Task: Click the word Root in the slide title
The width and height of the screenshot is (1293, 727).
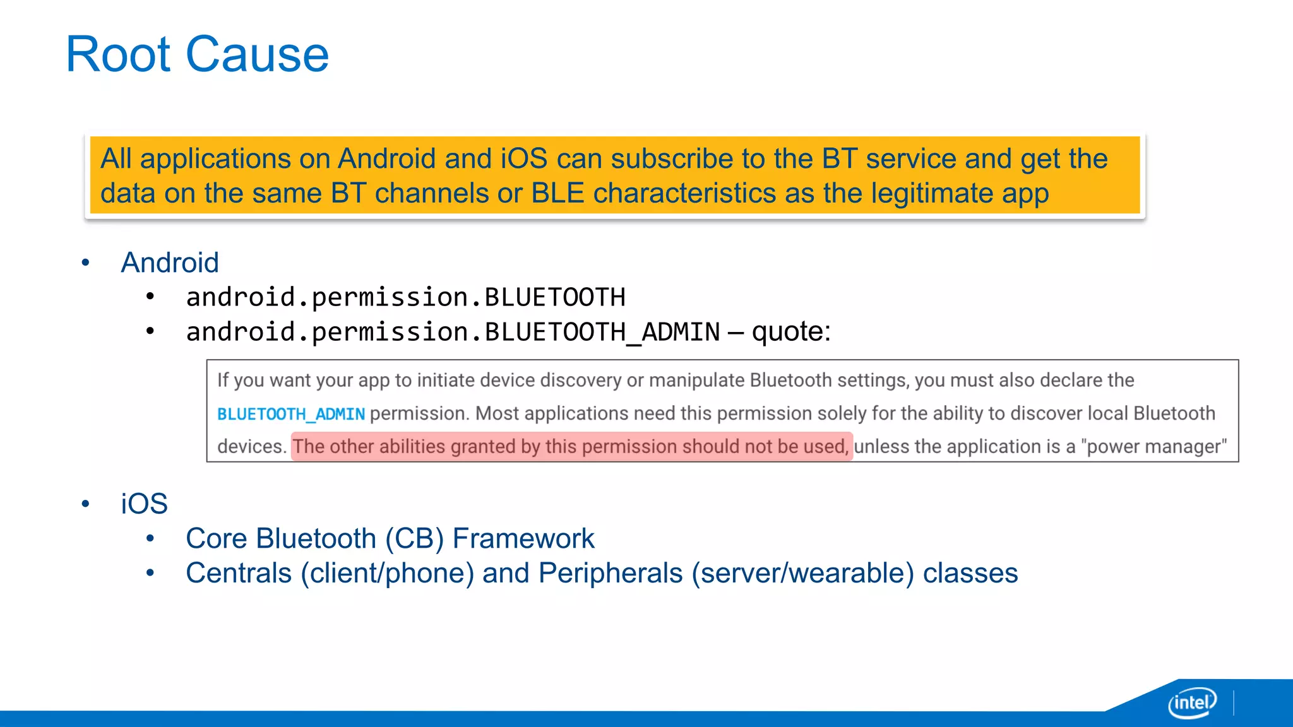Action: click(x=119, y=55)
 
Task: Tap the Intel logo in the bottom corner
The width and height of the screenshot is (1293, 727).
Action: click(x=1192, y=702)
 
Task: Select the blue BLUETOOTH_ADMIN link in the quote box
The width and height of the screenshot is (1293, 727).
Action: click(x=291, y=415)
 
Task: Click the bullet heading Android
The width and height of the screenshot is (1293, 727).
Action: click(x=170, y=263)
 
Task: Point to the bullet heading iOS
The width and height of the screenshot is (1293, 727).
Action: click(x=144, y=504)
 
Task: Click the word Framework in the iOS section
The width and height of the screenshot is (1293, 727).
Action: click(x=523, y=539)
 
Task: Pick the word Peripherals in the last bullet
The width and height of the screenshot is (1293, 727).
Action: click(x=611, y=574)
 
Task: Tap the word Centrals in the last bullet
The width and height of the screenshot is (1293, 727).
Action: click(x=239, y=574)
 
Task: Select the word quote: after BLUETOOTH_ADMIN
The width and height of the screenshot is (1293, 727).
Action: click(x=791, y=332)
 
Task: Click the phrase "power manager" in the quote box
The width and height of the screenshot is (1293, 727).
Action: click(x=1153, y=447)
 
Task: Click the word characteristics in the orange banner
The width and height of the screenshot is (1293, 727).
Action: click(x=684, y=194)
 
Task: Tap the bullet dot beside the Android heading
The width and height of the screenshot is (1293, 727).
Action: click(x=85, y=263)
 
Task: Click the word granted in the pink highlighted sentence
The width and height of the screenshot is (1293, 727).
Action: click(x=483, y=447)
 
